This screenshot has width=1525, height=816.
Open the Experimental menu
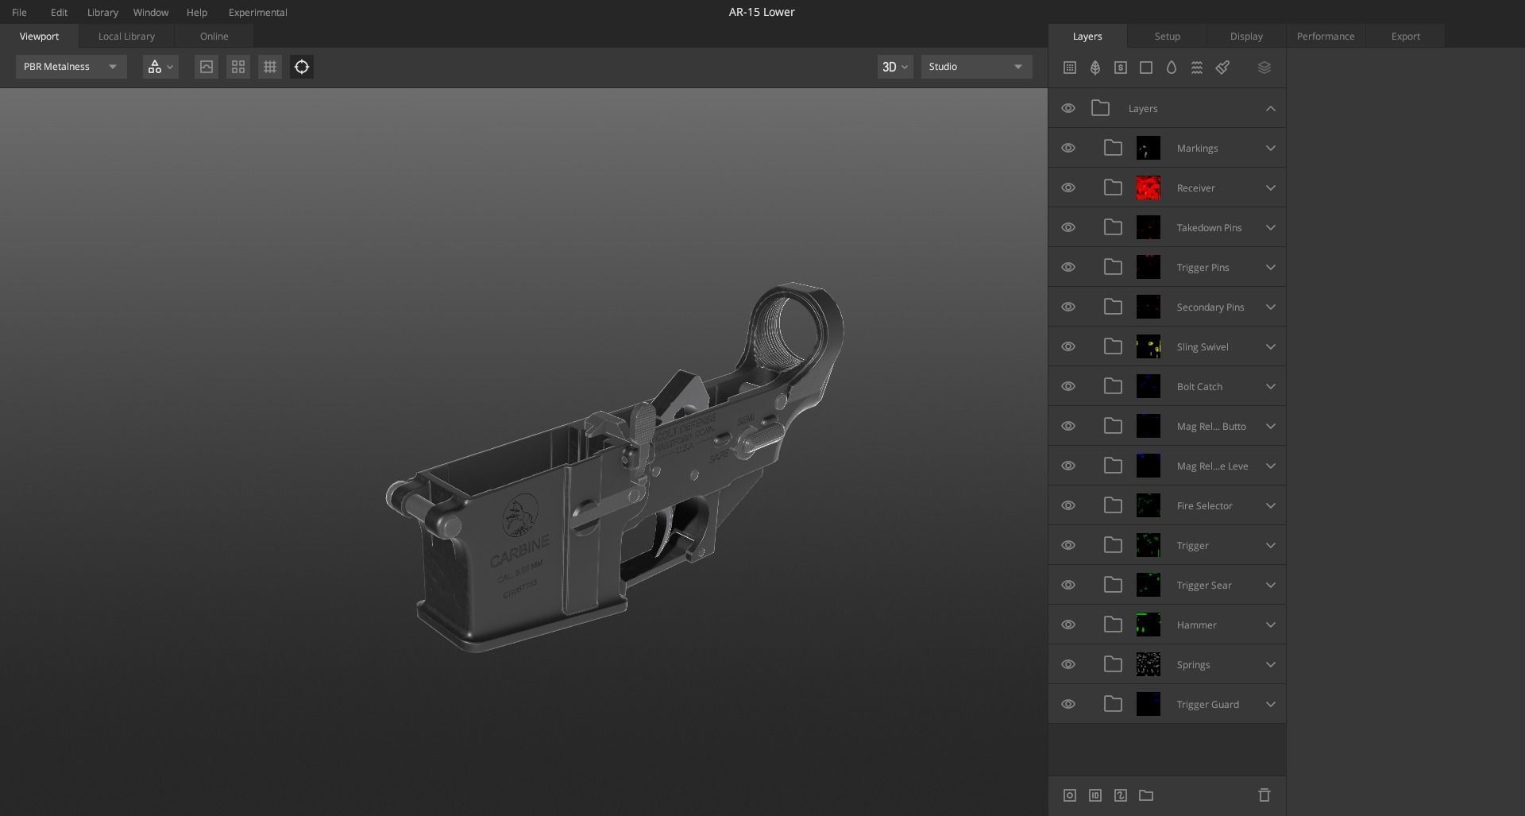tap(257, 13)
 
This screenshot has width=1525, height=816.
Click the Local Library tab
tap(126, 37)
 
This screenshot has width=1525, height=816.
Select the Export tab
tap(1405, 37)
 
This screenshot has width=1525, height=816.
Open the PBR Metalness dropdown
tap(71, 67)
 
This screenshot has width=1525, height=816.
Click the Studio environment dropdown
tap(976, 67)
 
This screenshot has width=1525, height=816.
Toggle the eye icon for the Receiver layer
tap(1068, 188)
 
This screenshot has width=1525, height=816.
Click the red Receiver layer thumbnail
tap(1148, 188)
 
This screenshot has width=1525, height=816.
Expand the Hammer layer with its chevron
tap(1270, 625)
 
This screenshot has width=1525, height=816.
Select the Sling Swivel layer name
tap(1202, 347)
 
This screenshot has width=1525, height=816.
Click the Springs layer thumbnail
tap(1148, 665)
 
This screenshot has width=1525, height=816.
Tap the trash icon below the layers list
tap(1264, 795)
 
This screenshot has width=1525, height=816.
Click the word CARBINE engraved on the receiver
tap(519, 551)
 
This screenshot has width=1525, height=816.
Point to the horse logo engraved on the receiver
tap(520, 515)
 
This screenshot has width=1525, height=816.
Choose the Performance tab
tap(1325, 37)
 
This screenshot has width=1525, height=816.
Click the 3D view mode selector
tap(894, 67)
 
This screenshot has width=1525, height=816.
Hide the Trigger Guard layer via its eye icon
tap(1068, 705)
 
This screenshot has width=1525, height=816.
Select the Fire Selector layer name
tap(1204, 506)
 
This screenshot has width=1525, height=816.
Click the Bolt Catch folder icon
tap(1113, 387)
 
